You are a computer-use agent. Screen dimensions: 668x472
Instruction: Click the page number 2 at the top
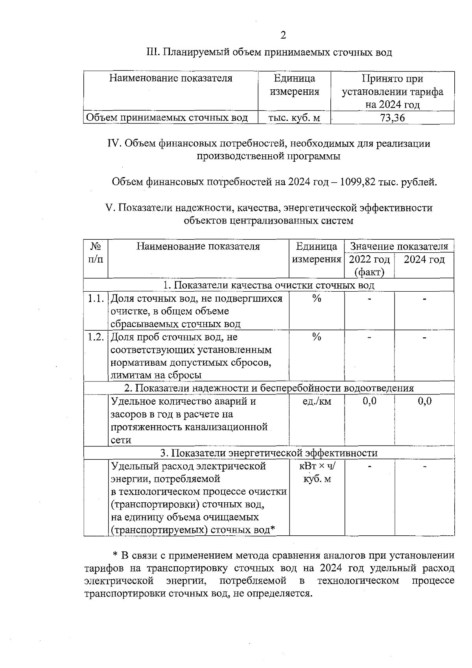[283, 35]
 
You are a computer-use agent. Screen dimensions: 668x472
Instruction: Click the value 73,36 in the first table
[392, 118]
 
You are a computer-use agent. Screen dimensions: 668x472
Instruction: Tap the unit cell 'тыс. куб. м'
[294, 118]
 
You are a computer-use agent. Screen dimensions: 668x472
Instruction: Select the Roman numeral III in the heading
[152, 52]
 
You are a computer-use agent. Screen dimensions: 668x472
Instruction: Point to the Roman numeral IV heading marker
[114, 144]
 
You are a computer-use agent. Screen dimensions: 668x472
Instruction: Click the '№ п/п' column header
[96, 253]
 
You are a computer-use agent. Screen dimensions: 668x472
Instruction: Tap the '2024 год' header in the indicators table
[424, 259]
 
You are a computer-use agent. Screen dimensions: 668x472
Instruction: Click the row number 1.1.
[96, 299]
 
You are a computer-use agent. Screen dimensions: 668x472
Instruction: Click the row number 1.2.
[96, 337]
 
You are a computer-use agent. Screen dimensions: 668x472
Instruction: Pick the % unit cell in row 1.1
[317, 299]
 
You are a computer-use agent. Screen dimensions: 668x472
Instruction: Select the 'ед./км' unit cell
[317, 401]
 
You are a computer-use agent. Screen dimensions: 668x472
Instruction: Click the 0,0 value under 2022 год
[369, 401]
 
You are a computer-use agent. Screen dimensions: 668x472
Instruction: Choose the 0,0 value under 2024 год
[424, 401]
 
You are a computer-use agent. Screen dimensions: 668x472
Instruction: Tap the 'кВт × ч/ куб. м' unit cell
[317, 472]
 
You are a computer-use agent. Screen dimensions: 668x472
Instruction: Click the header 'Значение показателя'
[399, 246]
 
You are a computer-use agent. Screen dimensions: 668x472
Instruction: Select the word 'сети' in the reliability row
[121, 440]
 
